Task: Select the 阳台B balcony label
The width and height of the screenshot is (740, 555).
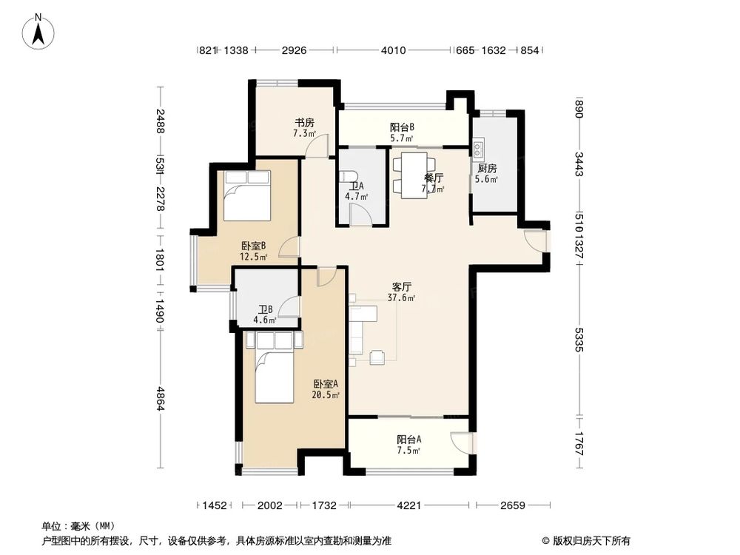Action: (x=402, y=127)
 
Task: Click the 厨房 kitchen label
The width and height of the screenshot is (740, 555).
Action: (x=487, y=168)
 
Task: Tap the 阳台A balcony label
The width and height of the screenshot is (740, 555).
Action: (x=408, y=439)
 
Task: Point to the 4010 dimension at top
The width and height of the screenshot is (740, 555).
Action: (x=393, y=51)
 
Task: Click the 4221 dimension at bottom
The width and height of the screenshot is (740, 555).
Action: (x=409, y=505)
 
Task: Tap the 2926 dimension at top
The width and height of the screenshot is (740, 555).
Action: (x=294, y=51)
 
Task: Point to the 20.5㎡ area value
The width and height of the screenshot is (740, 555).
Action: (x=326, y=395)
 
